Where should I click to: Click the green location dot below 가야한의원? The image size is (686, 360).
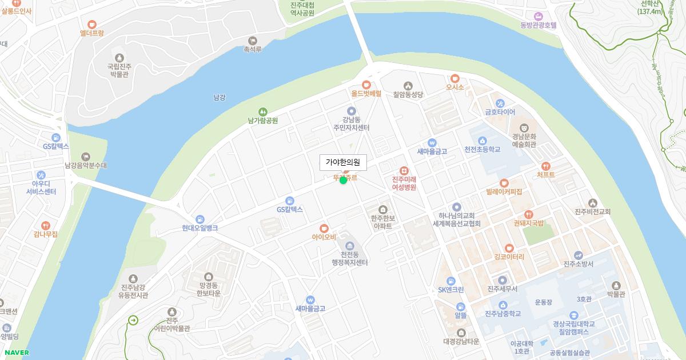(343, 181)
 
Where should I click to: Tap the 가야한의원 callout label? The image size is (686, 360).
(343, 163)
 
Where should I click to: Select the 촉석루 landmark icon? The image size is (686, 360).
(253, 41)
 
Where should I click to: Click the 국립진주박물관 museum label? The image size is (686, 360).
(119, 70)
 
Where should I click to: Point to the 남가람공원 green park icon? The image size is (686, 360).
(263, 111)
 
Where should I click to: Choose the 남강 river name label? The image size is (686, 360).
(219, 97)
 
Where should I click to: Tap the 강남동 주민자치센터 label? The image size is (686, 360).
(352, 123)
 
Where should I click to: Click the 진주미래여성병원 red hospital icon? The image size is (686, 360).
(404, 170)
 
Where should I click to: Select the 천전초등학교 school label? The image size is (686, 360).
(482, 150)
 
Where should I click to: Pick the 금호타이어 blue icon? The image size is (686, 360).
(500, 103)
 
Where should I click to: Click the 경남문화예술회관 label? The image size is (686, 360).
(524, 141)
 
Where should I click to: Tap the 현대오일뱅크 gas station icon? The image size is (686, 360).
(200, 219)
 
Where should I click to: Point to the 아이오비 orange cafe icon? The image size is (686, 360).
(324, 228)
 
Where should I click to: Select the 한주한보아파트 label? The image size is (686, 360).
(382, 222)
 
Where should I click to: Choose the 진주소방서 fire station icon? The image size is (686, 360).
(579, 255)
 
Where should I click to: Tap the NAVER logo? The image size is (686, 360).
(15, 352)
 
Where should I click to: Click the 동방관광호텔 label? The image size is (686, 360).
(538, 25)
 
